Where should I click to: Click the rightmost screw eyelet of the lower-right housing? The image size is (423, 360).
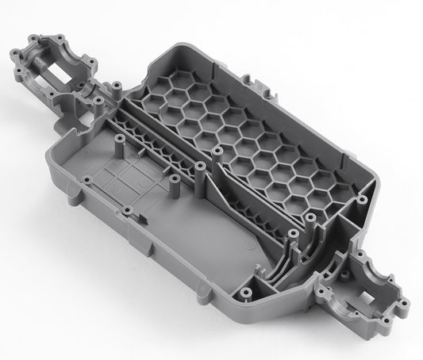click(x=406, y=304)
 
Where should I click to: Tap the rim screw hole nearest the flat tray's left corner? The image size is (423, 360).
click(x=86, y=182)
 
